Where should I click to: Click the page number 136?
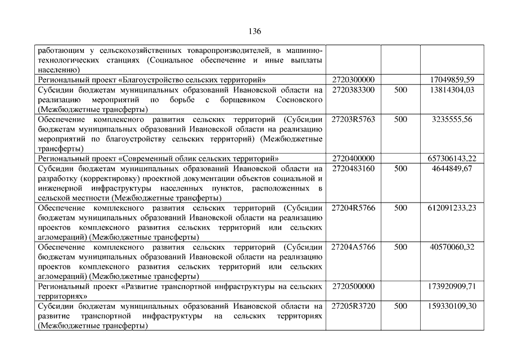pos(254,31)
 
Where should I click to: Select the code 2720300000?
pos(353,80)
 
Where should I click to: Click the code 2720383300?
pos(353,89)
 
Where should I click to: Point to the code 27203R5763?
pos(353,119)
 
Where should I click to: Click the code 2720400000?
pos(353,159)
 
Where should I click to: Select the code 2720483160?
pos(353,168)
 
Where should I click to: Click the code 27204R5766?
pos(353,208)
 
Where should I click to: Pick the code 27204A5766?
pos(353,247)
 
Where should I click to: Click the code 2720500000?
pos(353,286)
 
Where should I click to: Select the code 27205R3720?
pos(353,306)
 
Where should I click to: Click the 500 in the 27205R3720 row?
pos(400,306)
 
